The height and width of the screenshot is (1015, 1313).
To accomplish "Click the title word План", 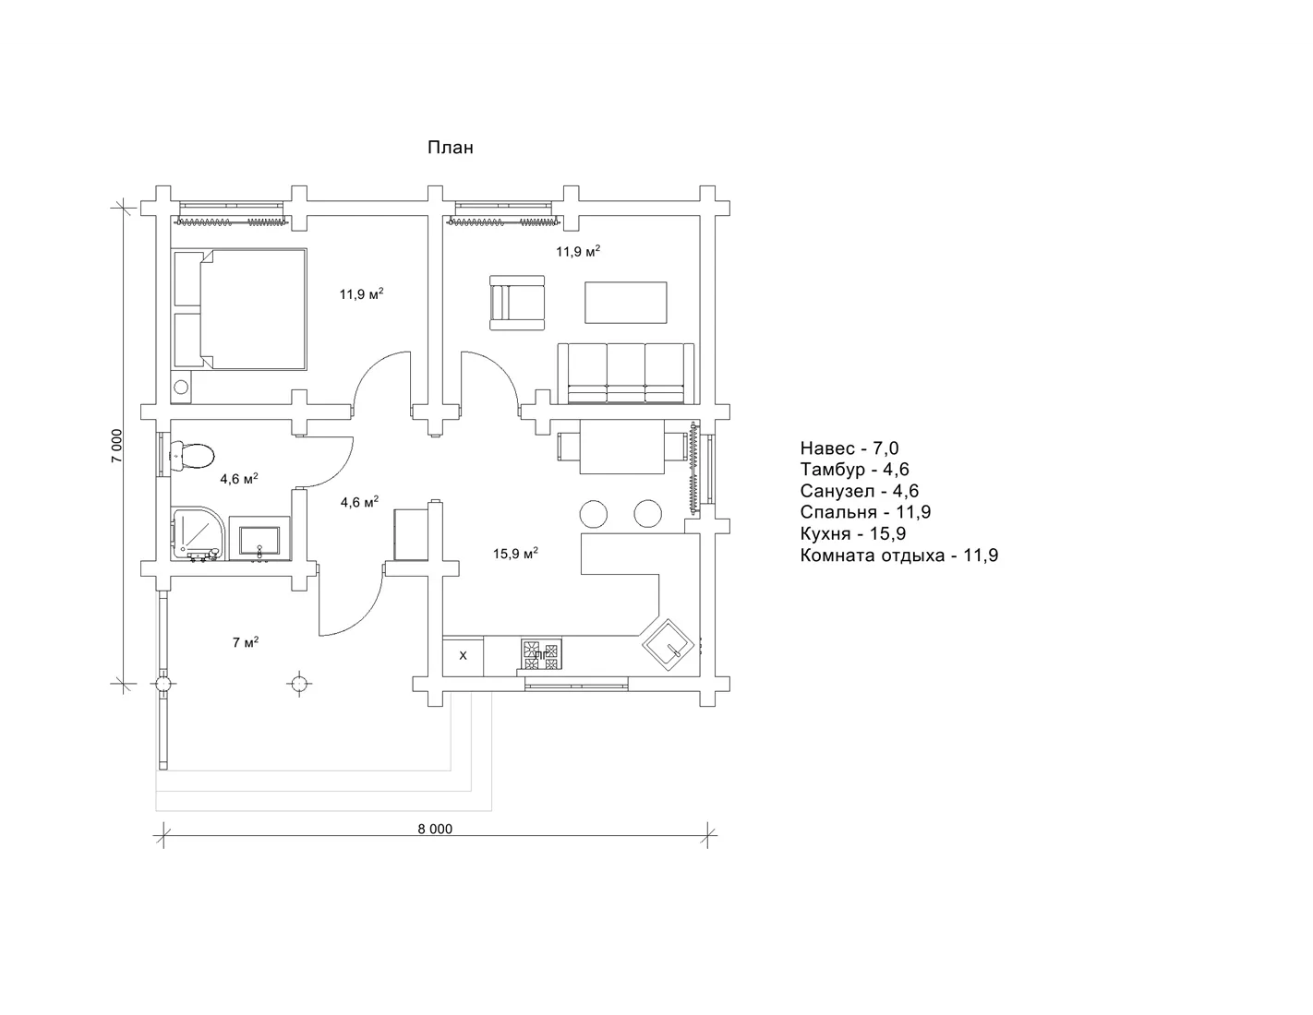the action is pyautogui.click(x=451, y=148).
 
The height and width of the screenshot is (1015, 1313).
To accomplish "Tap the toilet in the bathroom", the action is pyautogui.click(x=191, y=456).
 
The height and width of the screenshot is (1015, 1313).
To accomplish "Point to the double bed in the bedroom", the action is pyautogui.click(x=239, y=308).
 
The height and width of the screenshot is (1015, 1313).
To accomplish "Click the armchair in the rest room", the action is pyautogui.click(x=517, y=303).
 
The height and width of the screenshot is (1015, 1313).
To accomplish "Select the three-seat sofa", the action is pyautogui.click(x=625, y=373).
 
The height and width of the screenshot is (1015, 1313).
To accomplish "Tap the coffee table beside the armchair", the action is pyautogui.click(x=625, y=303).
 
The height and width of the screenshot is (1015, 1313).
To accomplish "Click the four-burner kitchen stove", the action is pyautogui.click(x=541, y=655).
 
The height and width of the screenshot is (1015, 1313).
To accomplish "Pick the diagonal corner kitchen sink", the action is pyautogui.click(x=669, y=644).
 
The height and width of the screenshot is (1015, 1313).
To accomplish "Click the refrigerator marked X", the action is pyautogui.click(x=463, y=656).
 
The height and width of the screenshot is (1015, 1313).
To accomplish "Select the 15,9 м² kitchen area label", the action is pyautogui.click(x=515, y=553).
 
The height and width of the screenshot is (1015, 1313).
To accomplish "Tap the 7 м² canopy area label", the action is pyautogui.click(x=246, y=642).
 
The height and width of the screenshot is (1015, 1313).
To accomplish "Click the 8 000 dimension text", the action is pyautogui.click(x=435, y=829).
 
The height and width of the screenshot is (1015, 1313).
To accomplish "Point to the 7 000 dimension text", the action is pyautogui.click(x=116, y=446).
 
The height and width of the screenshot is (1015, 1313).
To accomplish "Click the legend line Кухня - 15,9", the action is pyautogui.click(x=852, y=533).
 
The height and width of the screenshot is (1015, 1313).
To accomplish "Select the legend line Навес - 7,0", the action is pyautogui.click(x=849, y=448).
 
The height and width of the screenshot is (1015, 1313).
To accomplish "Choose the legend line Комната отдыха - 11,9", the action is pyautogui.click(x=899, y=555).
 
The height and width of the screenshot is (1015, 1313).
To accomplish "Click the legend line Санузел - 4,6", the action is pyautogui.click(x=860, y=491).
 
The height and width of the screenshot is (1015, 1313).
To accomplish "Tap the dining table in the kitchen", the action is pyautogui.click(x=621, y=447).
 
